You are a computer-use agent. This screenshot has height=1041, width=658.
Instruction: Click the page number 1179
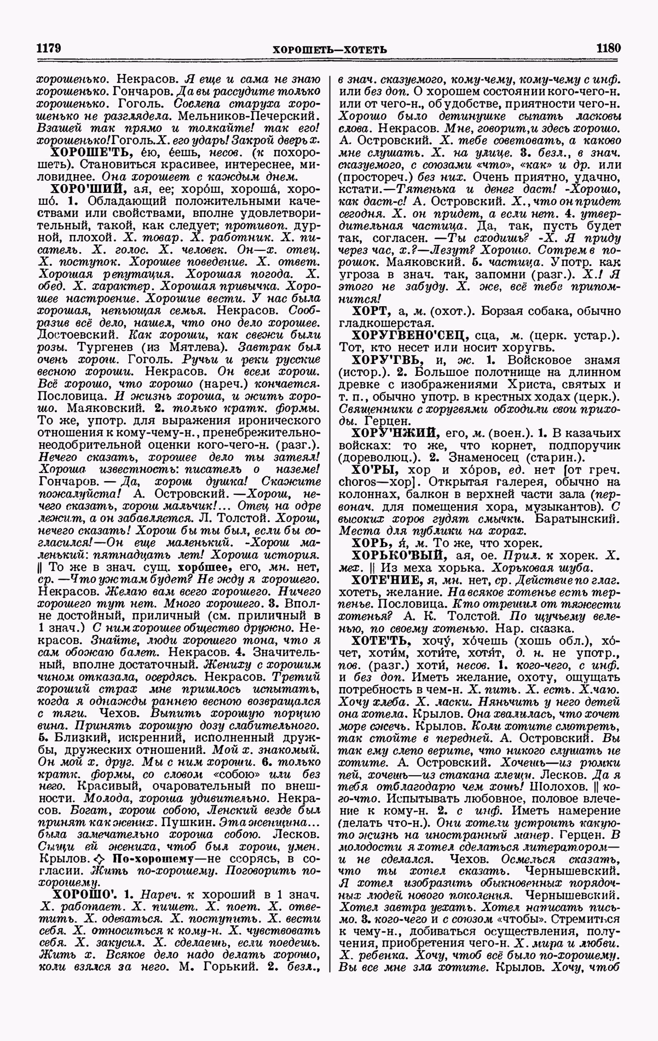48,48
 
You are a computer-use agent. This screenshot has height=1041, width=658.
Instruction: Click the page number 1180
609,48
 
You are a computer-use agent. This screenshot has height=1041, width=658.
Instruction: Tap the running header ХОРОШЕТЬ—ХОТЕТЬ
330,50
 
